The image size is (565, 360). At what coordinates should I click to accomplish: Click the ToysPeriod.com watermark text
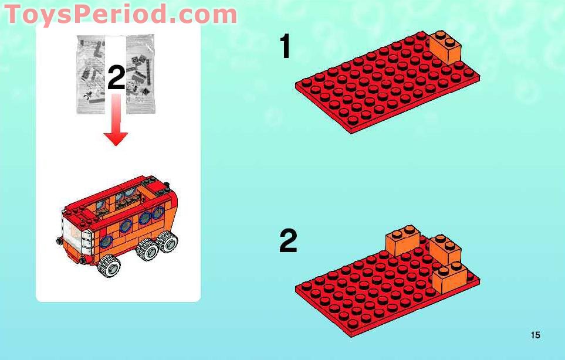121,15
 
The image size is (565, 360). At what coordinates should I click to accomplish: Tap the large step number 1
285,46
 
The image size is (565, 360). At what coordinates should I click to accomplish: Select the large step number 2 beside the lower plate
288,240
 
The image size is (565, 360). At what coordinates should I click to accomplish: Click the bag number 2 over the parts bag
116,78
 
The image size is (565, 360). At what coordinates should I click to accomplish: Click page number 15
536,335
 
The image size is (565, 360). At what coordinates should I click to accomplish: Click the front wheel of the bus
109,266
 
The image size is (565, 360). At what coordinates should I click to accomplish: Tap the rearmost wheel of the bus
167,242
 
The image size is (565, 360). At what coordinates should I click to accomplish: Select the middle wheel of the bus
147,249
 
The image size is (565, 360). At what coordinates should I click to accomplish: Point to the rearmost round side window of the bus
158,213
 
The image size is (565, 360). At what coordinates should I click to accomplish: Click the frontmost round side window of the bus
107,242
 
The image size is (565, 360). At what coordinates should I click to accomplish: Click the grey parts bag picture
116,74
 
